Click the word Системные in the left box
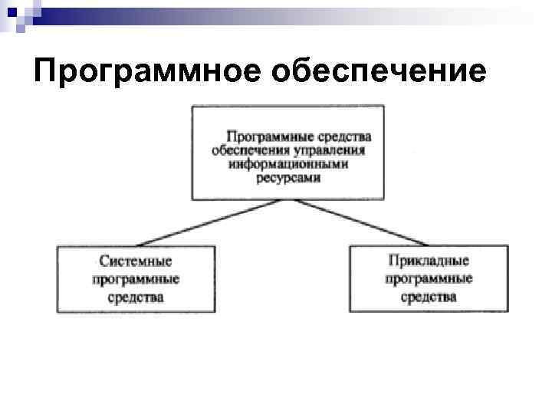[135, 262]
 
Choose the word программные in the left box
[136, 279]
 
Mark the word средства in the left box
[136, 297]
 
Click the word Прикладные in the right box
[429, 261]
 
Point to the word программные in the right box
[429, 278]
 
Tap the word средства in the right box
[429, 296]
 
